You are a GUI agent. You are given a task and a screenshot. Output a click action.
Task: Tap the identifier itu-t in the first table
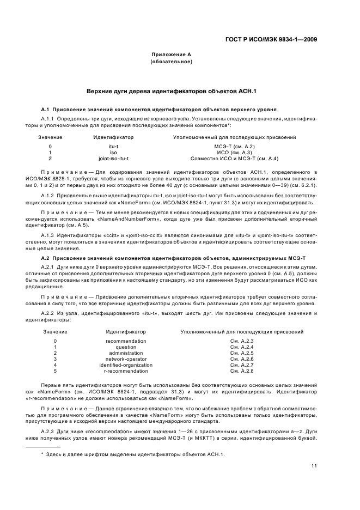click(x=113, y=147)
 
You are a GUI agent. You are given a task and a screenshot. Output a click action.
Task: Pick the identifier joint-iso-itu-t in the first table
click(x=113, y=159)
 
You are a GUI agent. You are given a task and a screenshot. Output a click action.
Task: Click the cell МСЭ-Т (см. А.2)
click(x=234, y=147)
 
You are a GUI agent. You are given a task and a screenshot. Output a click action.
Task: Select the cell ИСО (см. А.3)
click(x=234, y=153)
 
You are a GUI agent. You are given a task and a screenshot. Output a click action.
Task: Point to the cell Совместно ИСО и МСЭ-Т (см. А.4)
click(x=234, y=159)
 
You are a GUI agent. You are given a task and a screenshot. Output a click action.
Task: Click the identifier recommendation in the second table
click(x=126, y=341)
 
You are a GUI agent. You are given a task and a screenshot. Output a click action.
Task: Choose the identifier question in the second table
click(x=126, y=347)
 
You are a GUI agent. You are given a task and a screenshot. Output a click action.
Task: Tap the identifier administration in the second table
click(x=126, y=353)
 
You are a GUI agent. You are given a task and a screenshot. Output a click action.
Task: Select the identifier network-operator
click(x=126, y=359)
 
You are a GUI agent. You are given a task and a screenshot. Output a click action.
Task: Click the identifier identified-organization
click(x=126, y=365)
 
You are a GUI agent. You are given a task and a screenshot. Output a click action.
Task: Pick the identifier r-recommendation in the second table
click(x=126, y=371)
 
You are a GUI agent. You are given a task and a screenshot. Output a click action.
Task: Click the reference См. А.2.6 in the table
click(x=242, y=359)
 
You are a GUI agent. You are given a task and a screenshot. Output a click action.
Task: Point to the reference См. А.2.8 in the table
click(x=242, y=371)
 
